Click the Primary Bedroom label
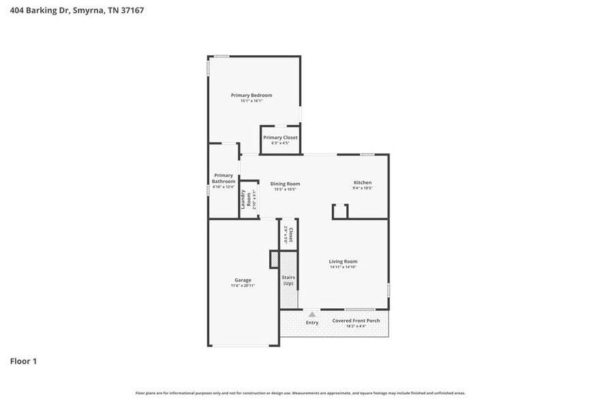[x=251, y=95]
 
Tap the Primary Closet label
[x=280, y=138]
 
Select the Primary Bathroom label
[x=224, y=178]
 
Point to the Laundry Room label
[x=243, y=198]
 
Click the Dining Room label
[x=285, y=183]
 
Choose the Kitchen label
[x=362, y=183]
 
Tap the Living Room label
[x=343, y=261]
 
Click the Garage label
[x=243, y=280]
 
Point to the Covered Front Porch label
[x=356, y=321]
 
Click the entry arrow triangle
[x=312, y=314]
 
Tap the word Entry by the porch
[x=312, y=323]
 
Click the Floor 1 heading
[x=23, y=361]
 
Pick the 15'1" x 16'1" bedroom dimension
[x=251, y=101]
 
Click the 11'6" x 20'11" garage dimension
[x=243, y=286]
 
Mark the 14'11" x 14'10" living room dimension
[x=343, y=267]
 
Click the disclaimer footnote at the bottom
[x=300, y=393]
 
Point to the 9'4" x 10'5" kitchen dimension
[x=362, y=189]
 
